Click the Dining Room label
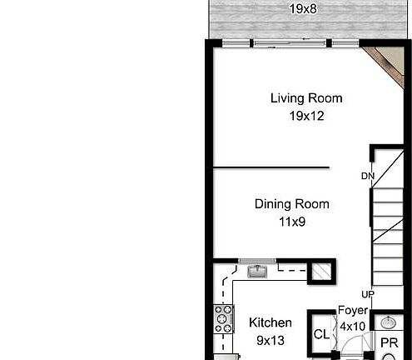coord(291,204)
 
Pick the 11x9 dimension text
coord(291,222)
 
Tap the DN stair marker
coord(368,176)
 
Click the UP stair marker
coord(367,295)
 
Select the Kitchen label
coord(271,322)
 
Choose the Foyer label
coord(352,311)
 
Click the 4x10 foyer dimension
coord(352,327)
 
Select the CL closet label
coord(321,334)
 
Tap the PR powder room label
coord(390,342)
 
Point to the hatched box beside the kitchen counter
coord(320,271)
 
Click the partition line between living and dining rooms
coord(271,167)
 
